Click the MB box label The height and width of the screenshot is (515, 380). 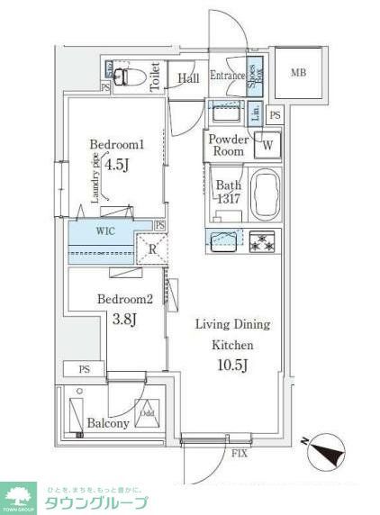point(297,71)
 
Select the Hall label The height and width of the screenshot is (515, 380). point(187,79)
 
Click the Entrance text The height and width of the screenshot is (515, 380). point(228,77)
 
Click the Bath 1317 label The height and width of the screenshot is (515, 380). point(228,192)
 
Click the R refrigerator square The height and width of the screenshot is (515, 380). point(151,248)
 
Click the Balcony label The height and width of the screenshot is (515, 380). point(106,423)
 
